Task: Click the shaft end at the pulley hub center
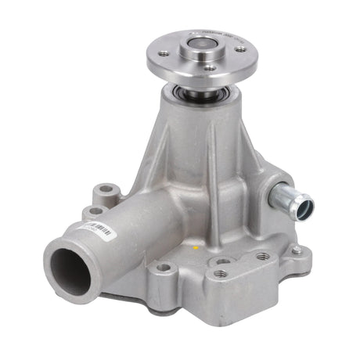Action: pyautogui.click(x=196, y=52)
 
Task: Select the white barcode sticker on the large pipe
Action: pyautogui.click(x=100, y=229)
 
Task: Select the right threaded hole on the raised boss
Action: pyautogui.click(x=262, y=256)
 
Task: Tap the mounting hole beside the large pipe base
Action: pyautogui.click(x=163, y=267)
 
